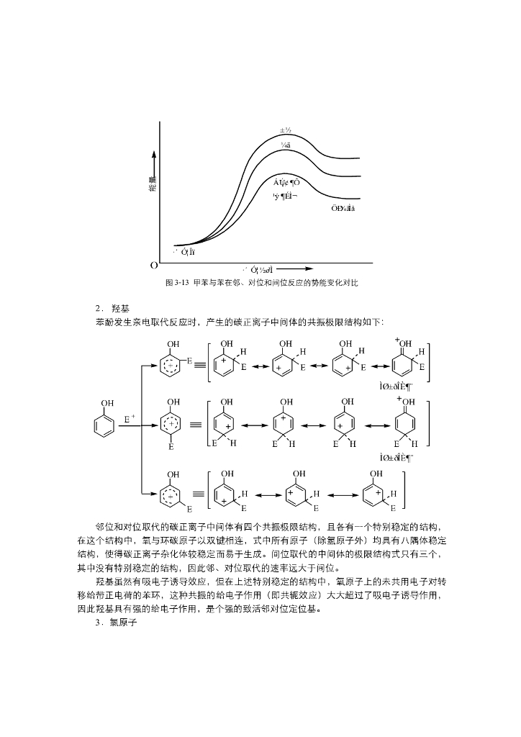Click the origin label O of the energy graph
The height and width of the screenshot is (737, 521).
click(154, 265)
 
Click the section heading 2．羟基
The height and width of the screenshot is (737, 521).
click(112, 308)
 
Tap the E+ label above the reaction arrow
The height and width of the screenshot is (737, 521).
click(130, 418)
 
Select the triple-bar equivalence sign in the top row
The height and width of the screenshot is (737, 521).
click(199, 365)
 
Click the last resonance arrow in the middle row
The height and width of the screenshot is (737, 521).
click(377, 425)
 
